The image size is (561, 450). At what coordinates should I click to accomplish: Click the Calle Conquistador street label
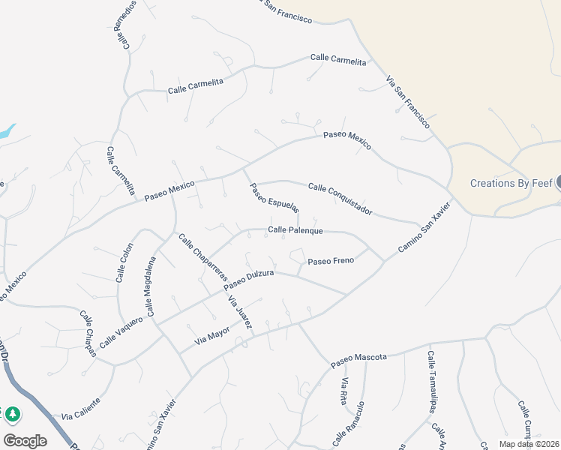coord(340,198)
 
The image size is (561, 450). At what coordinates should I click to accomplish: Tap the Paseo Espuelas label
coord(274,197)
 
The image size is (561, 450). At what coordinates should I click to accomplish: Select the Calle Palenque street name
coord(295,230)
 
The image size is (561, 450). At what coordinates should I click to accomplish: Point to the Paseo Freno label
coord(331,261)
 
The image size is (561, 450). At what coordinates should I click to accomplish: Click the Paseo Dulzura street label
coord(248,278)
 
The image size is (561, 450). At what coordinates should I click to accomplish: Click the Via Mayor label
coord(212,334)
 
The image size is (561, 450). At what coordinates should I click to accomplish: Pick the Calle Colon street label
coord(124,262)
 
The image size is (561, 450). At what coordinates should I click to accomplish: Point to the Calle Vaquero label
coord(121,331)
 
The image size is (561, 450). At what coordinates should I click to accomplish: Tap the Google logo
coord(25,440)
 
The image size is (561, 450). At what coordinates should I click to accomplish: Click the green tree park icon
coord(12,413)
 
